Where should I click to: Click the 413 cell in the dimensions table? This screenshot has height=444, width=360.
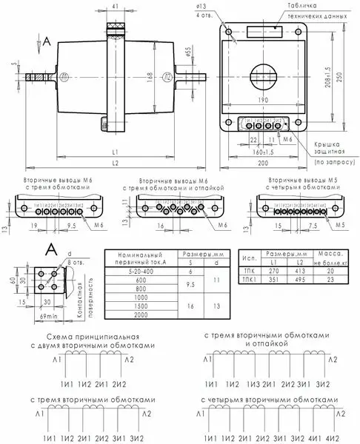pos(299,271)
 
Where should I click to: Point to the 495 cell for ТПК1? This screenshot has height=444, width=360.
pos(299,280)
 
